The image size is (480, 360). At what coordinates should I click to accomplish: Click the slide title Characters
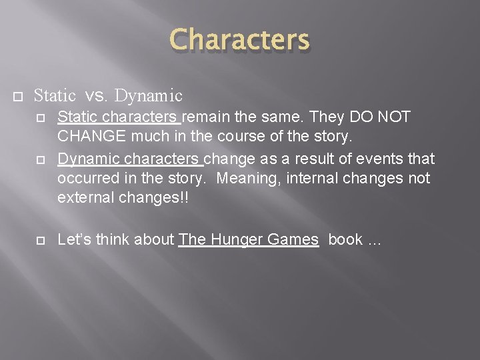tap(240, 39)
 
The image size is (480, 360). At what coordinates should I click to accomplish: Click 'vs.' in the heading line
tap(97, 96)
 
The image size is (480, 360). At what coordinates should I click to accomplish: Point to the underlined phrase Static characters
tap(118, 117)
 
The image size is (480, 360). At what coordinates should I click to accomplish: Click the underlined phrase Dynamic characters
tap(129, 159)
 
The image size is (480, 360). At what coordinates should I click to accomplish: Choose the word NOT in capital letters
tap(393, 117)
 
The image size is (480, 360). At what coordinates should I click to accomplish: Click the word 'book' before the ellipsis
tap(345, 240)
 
